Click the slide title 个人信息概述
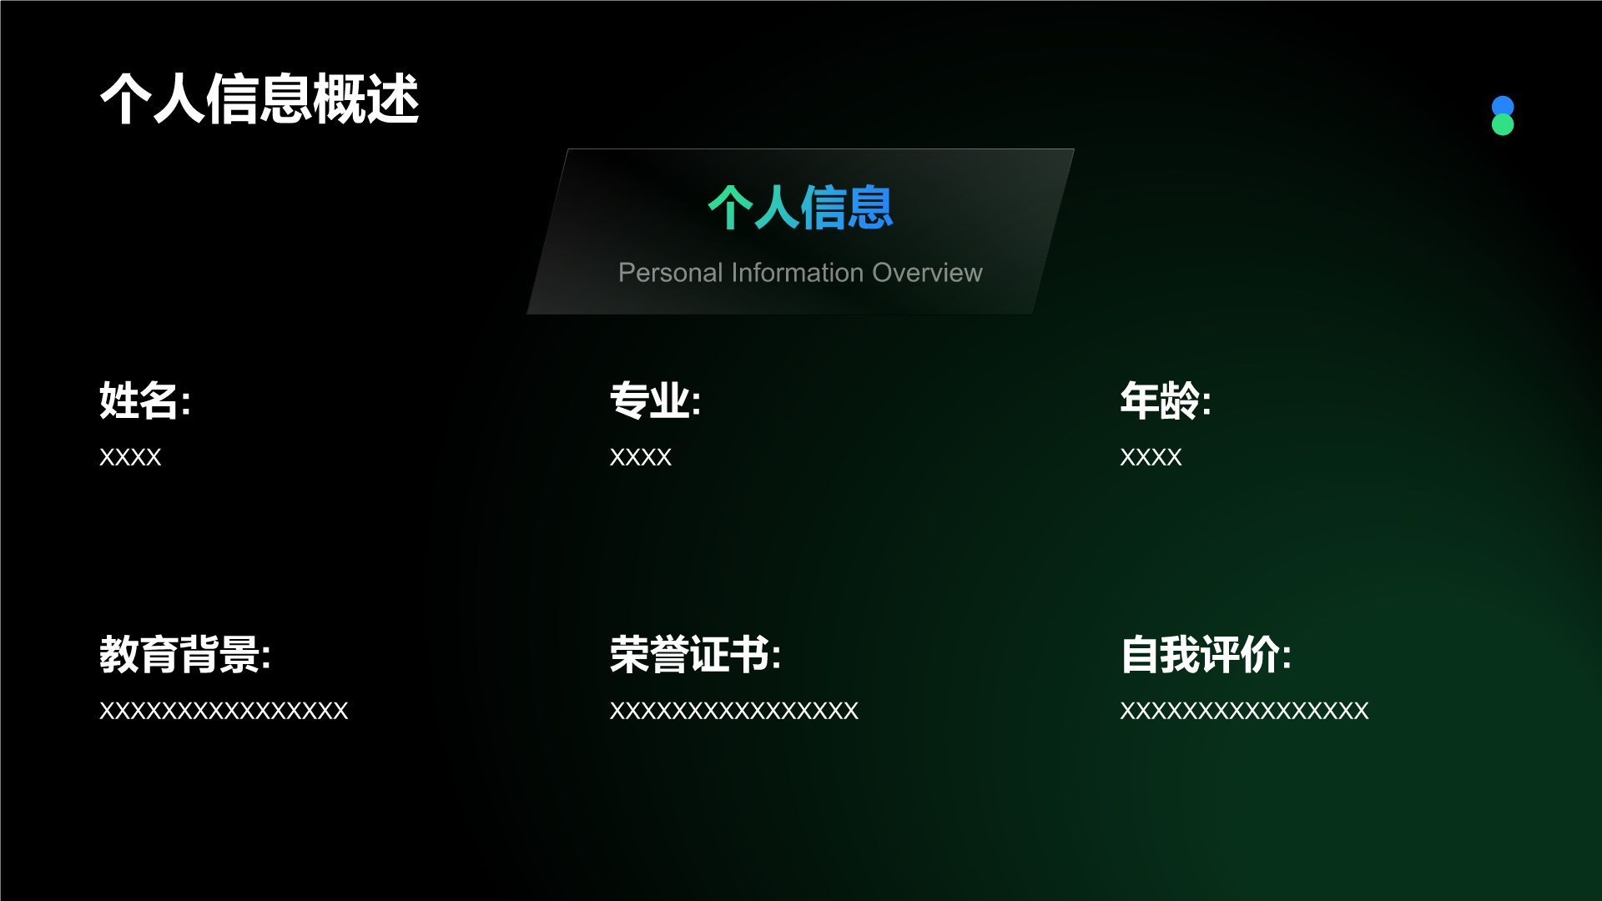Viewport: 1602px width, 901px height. pos(259,99)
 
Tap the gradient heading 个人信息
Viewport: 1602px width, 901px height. pos(800,207)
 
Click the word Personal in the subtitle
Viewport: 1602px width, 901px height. pos(670,273)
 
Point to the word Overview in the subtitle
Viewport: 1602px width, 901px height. pos(927,273)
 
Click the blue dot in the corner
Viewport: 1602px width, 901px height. pos(1503,107)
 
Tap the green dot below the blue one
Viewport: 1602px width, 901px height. pos(1503,125)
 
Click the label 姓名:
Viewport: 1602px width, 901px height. pos(145,400)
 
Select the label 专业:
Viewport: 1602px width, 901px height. pos(655,400)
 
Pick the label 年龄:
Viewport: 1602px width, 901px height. pos(1166,400)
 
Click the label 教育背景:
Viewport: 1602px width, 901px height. pos(185,654)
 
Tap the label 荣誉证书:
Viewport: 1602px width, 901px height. pos(695,654)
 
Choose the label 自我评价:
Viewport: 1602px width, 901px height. pos(1206,654)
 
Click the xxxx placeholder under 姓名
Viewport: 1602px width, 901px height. pos(130,457)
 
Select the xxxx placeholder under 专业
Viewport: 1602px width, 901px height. pos(641,457)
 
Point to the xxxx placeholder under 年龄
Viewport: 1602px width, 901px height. pos(1151,457)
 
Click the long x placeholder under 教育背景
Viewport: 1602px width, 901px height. pos(224,711)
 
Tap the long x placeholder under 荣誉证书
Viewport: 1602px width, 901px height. pos(734,711)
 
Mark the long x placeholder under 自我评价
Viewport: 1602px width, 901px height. pos(1244,711)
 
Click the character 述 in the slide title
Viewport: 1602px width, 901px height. pos(393,99)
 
